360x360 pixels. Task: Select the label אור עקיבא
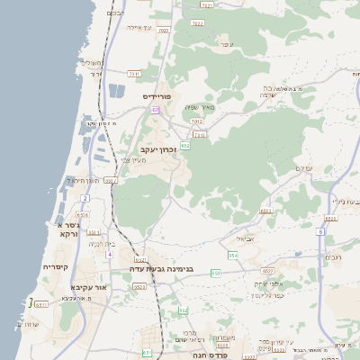coord(88,287)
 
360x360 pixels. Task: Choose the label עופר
coord(226,44)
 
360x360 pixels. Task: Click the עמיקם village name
coord(303,168)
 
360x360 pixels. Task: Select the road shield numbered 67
coord(155,110)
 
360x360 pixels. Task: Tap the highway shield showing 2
coord(85,197)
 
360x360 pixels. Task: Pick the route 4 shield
coord(110,255)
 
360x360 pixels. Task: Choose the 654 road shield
coord(233,256)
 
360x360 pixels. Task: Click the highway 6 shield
coord(320,232)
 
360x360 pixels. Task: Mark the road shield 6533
coord(265,211)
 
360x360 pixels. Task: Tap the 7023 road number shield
coord(163,31)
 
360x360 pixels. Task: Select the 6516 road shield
coord(82,215)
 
